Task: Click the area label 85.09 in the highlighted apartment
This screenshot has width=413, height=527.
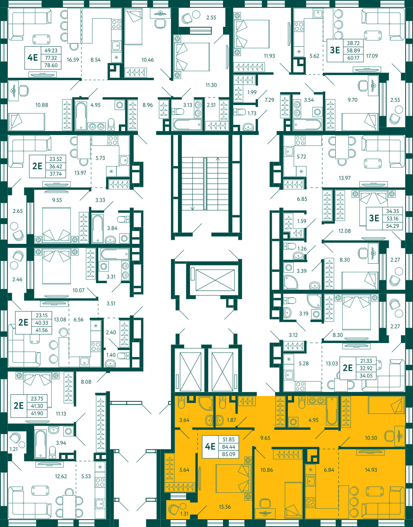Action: coord(228,454)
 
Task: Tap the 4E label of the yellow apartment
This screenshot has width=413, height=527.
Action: coord(210,446)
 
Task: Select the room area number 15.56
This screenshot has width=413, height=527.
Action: coord(225,507)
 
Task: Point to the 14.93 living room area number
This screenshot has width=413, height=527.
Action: coord(371,470)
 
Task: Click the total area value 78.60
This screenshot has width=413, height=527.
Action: coord(51,65)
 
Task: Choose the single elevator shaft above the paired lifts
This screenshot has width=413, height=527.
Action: coord(215,280)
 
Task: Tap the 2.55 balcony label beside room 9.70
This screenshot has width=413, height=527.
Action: coord(395,100)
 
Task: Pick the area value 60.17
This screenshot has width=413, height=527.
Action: coord(353,58)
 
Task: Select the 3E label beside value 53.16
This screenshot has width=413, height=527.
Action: coord(374,218)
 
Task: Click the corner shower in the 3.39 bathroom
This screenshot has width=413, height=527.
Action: coord(291,282)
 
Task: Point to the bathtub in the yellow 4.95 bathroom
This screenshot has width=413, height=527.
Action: coord(332,411)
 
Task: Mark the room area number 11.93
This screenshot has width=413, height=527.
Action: coord(269,56)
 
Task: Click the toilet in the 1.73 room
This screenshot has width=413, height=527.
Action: coord(240,112)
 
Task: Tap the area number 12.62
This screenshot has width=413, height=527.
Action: coord(61,476)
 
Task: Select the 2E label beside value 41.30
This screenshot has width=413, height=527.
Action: coord(19,405)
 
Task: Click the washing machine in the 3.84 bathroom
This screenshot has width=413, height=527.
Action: coord(124,238)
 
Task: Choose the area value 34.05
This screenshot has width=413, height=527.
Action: coord(366,376)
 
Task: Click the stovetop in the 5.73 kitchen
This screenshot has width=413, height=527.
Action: coord(113,140)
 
